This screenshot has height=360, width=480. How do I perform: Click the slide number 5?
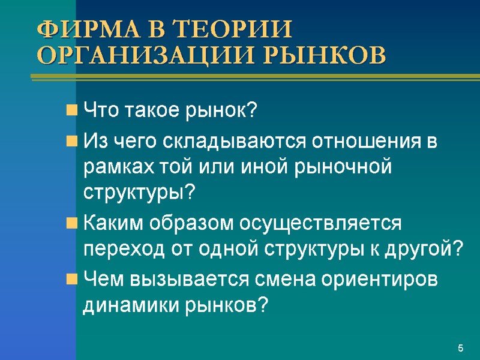tap(460, 349)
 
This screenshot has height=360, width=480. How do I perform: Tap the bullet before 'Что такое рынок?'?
tap(71, 111)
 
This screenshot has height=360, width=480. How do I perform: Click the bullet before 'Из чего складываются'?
tap(71, 142)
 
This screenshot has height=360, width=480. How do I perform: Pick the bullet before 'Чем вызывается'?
tap(71, 280)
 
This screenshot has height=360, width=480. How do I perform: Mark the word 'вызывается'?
tap(190, 280)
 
